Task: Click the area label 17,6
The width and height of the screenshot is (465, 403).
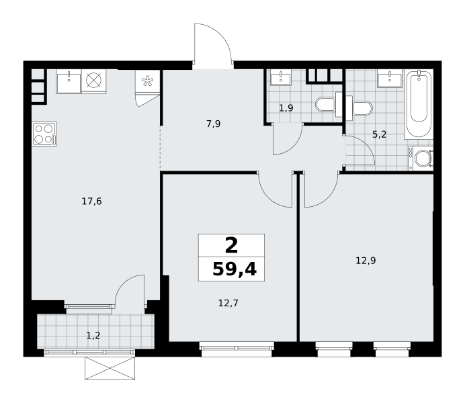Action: point(91,201)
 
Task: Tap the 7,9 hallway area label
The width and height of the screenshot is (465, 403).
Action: point(214,124)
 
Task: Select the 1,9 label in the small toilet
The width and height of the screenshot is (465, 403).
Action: point(286,108)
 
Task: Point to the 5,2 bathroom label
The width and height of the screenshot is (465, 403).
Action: point(379,134)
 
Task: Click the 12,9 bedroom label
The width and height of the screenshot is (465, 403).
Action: point(366,261)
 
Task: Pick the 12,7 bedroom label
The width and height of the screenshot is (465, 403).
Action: point(228,303)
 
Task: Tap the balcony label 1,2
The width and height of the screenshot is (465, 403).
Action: point(93,335)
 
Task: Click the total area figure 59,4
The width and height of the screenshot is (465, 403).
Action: point(235,269)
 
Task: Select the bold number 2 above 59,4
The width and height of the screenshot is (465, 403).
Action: point(232,246)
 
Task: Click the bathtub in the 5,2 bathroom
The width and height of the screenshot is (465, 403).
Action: point(419,103)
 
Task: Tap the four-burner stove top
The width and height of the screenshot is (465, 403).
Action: point(44,134)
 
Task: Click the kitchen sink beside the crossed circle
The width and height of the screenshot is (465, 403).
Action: point(69,81)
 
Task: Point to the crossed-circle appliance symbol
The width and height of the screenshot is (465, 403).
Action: point(93,80)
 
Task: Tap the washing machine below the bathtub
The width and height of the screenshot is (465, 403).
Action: point(421,159)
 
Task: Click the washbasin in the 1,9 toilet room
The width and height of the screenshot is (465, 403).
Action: point(280,78)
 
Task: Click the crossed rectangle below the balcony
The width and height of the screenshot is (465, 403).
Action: point(110,368)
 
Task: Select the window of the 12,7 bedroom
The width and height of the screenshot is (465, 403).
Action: point(237,349)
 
